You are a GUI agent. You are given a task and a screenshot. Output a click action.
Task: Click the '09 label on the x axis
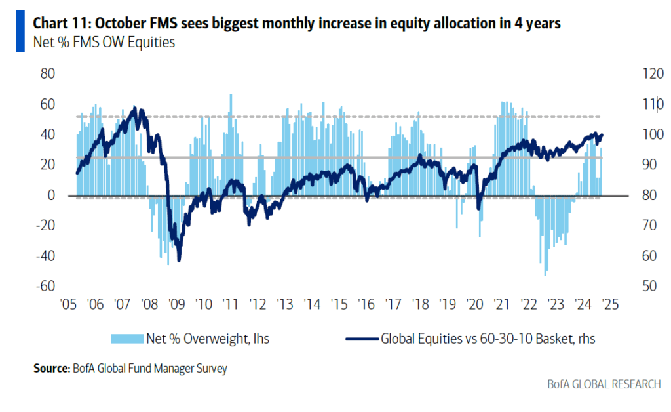click(176, 304)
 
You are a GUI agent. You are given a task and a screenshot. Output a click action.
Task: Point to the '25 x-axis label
click(610, 304)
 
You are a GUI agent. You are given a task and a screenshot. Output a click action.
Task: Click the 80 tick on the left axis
click(47, 73)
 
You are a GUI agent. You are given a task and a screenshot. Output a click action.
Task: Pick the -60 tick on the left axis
click(45, 286)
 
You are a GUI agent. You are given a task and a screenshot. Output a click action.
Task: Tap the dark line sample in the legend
click(361, 339)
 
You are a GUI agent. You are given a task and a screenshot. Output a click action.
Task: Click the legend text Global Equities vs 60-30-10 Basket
click(488, 339)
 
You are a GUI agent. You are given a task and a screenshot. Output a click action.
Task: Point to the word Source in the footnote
click(49, 369)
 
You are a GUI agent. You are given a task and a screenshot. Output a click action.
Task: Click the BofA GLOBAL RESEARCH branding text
click(604, 384)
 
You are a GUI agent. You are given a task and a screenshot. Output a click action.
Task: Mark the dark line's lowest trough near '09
click(179, 259)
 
